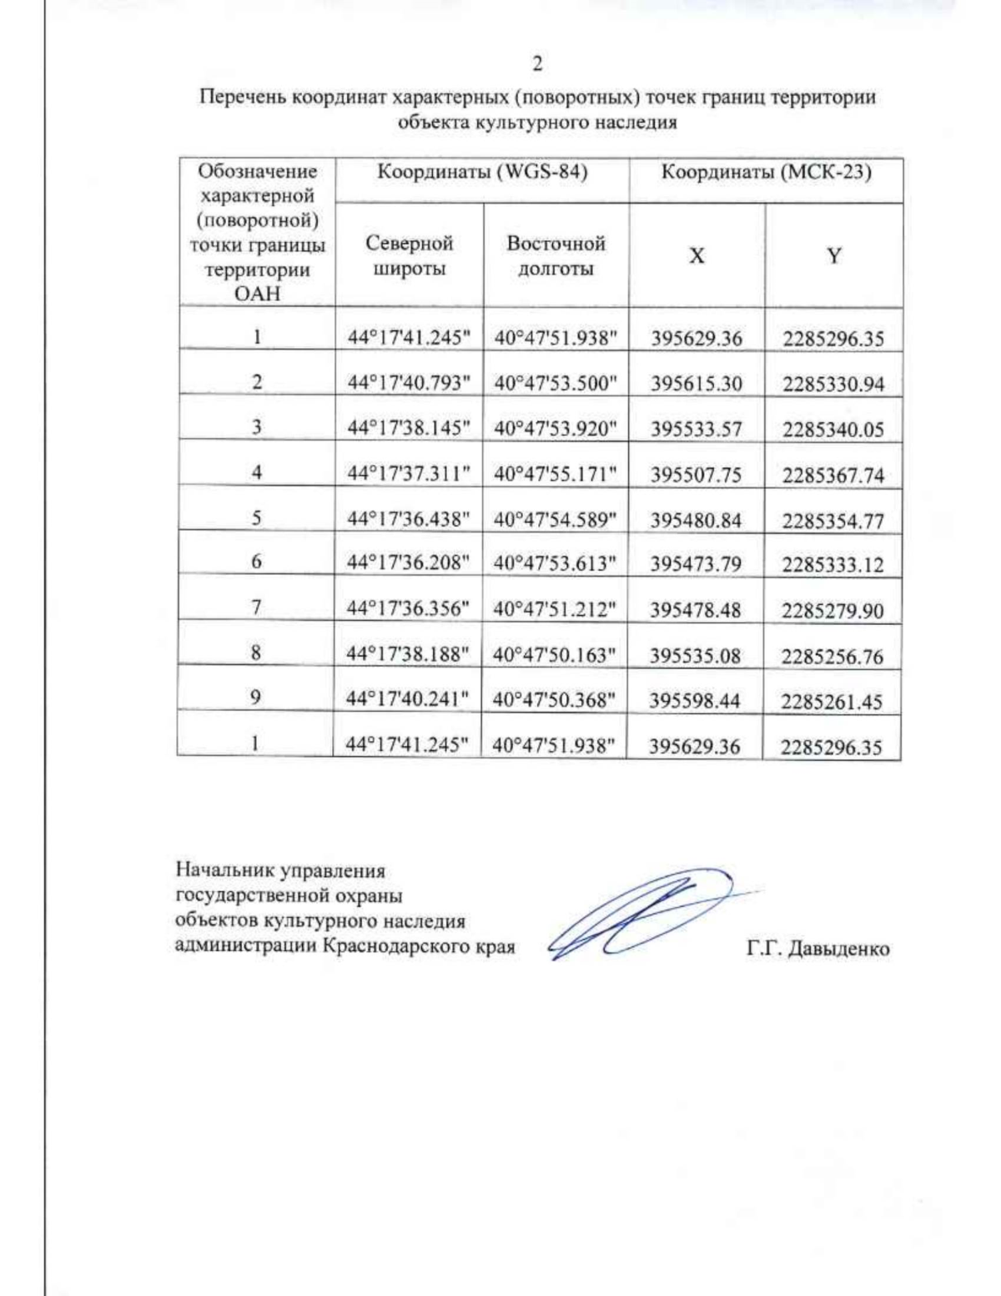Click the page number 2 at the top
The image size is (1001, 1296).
(537, 63)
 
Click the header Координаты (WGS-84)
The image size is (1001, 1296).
(482, 173)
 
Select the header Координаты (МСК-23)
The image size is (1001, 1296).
(766, 173)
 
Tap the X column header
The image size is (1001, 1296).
(697, 255)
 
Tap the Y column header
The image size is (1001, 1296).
(833, 255)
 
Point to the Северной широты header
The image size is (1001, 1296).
(409, 255)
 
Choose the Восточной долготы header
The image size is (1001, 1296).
(556, 255)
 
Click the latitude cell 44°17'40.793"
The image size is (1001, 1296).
(409, 383)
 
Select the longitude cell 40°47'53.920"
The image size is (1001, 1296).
(556, 428)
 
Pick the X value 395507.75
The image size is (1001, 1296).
(696, 474)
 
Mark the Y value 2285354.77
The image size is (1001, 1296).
(832, 521)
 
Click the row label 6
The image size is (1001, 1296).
(256, 562)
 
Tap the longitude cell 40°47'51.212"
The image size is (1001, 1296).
(555, 609)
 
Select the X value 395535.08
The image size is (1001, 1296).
(695, 655)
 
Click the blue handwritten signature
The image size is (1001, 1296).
(642, 914)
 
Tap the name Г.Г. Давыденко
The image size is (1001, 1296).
(817, 949)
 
